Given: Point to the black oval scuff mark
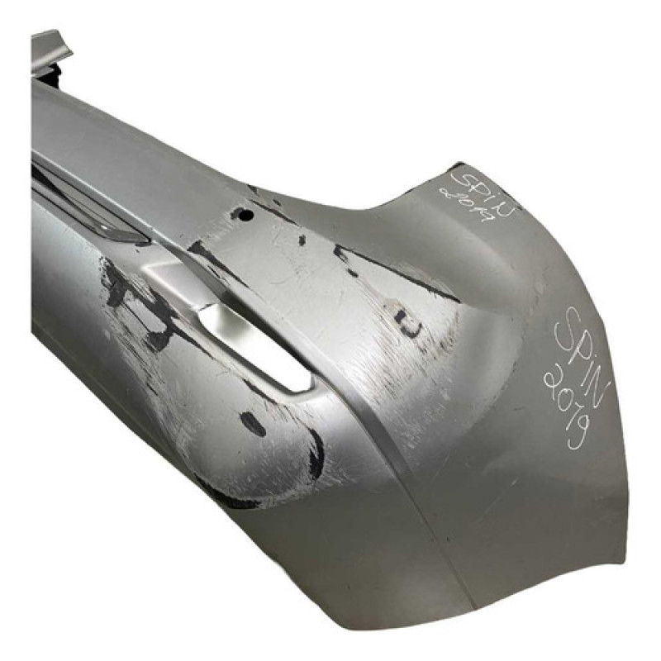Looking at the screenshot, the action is point(253,423).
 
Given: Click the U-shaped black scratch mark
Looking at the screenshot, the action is point(407,323).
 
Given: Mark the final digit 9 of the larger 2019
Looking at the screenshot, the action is point(577,432).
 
